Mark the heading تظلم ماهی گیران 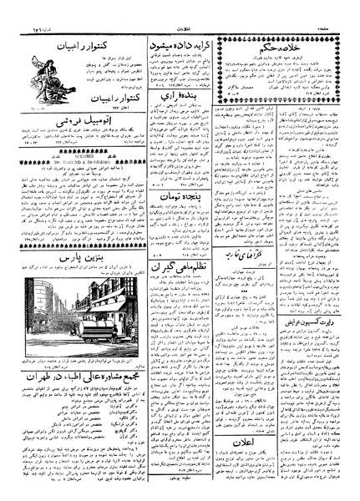tap(176, 311)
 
